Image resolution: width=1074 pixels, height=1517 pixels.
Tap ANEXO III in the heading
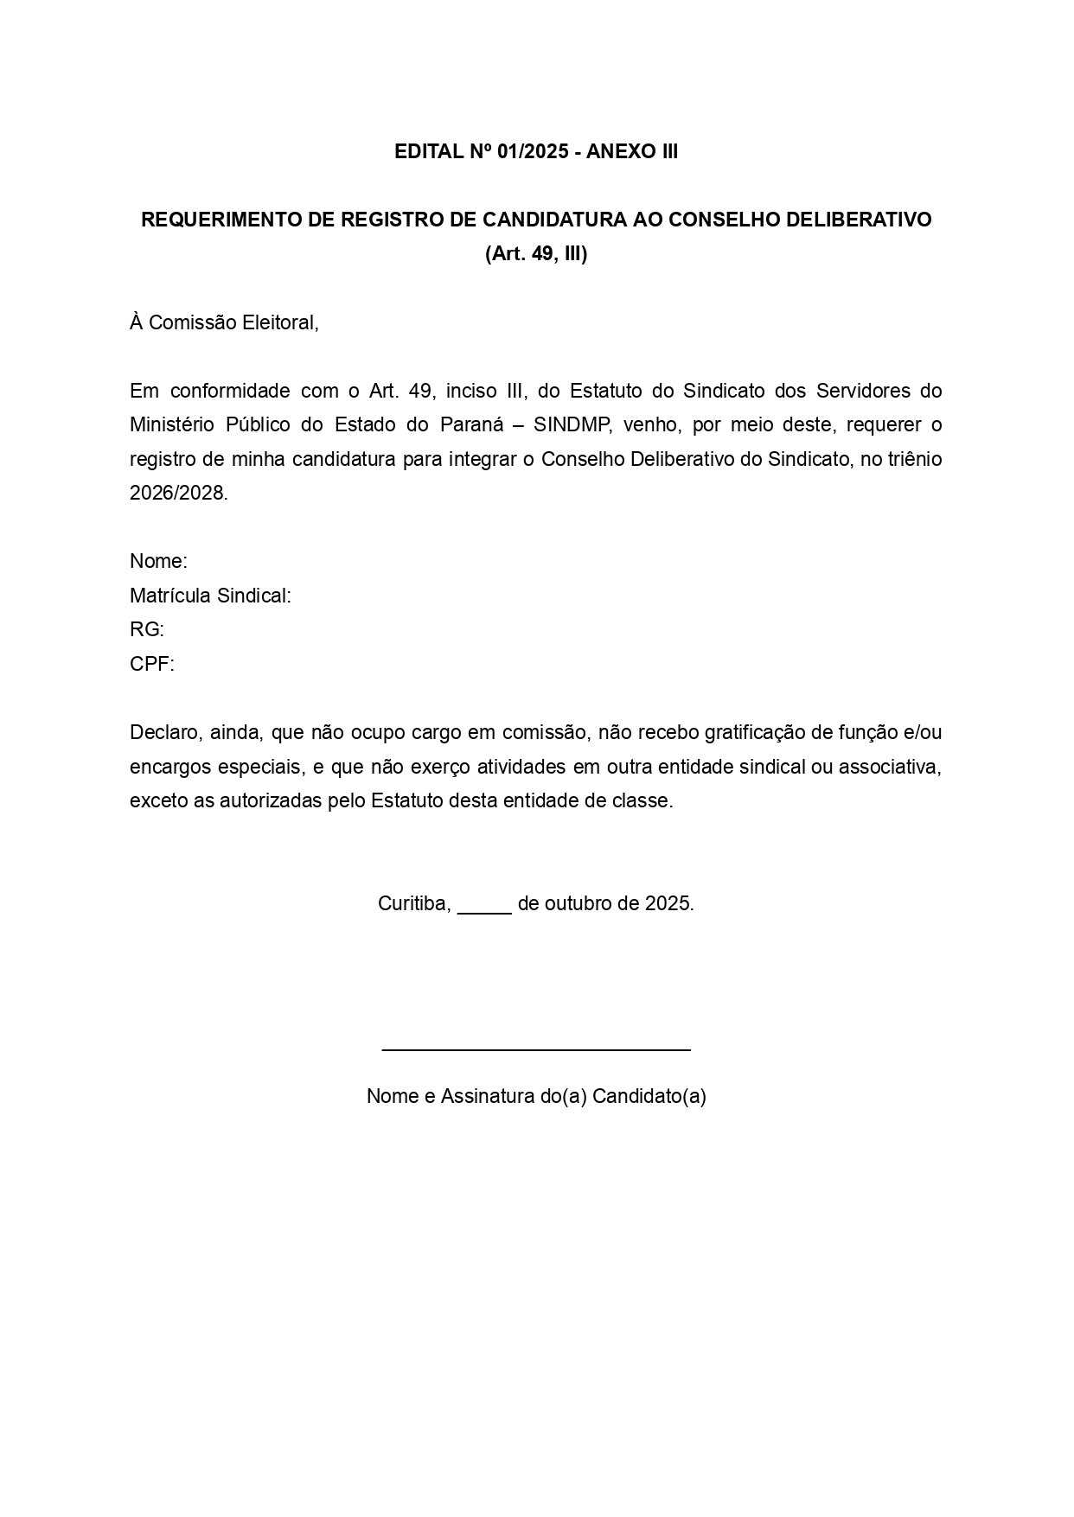pos(632,152)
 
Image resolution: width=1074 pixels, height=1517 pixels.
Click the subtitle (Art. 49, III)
pos(536,254)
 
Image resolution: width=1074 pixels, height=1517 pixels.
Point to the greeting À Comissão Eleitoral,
pos(224,323)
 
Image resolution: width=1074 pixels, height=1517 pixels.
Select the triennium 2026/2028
pos(178,494)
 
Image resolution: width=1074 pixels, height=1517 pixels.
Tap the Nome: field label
pos(158,562)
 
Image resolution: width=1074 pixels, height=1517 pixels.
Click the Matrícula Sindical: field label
pos(210,596)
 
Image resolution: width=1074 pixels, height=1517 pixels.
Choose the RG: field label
pos(147,630)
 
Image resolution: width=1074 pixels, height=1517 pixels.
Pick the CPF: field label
pos(152,664)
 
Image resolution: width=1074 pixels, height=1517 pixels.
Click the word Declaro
pos(163,733)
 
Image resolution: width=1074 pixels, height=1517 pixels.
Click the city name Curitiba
pos(413,904)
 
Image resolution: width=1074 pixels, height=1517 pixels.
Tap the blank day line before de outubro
pos(484,909)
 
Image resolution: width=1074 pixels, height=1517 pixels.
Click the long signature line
pos(536,1049)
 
